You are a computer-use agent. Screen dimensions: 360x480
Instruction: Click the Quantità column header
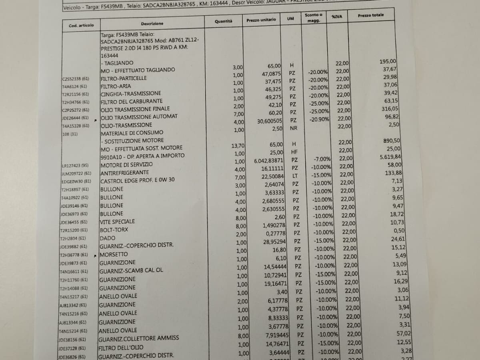point(223,21)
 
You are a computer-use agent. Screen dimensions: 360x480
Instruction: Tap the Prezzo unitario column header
point(261,20)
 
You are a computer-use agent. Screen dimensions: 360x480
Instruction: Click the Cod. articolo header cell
point(81,25)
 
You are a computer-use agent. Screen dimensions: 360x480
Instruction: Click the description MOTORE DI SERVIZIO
point(126,164)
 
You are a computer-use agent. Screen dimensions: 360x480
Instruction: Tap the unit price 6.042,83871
point(268,161)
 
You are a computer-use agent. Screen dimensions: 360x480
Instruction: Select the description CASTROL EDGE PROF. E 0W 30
point(137,180)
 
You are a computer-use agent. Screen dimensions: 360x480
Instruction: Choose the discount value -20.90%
point(318,119)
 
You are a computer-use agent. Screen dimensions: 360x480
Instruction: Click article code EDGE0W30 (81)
point(76,182)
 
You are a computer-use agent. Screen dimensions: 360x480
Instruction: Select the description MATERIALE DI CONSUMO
point(132,132)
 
